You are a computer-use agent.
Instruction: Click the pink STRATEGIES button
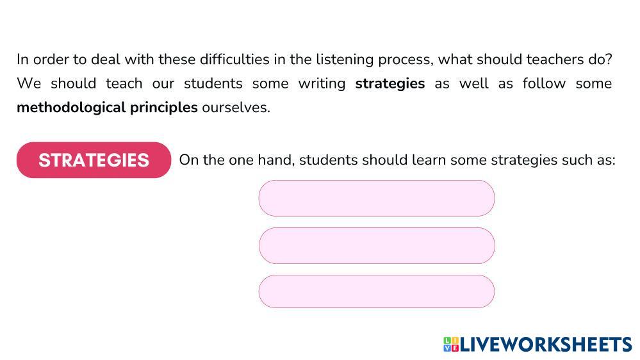94,160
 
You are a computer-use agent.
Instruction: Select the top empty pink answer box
377,198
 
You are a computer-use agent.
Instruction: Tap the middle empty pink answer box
377,245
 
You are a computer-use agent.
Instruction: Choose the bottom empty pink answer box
377,291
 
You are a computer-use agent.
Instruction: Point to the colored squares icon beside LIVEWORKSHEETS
451,345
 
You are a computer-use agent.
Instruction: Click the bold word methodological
71,107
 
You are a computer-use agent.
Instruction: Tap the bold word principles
164,107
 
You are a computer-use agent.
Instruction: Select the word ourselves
236,107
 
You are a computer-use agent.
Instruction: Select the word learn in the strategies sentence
429,160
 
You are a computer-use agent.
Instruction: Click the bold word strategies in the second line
390,83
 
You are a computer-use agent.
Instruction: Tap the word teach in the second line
124,83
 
